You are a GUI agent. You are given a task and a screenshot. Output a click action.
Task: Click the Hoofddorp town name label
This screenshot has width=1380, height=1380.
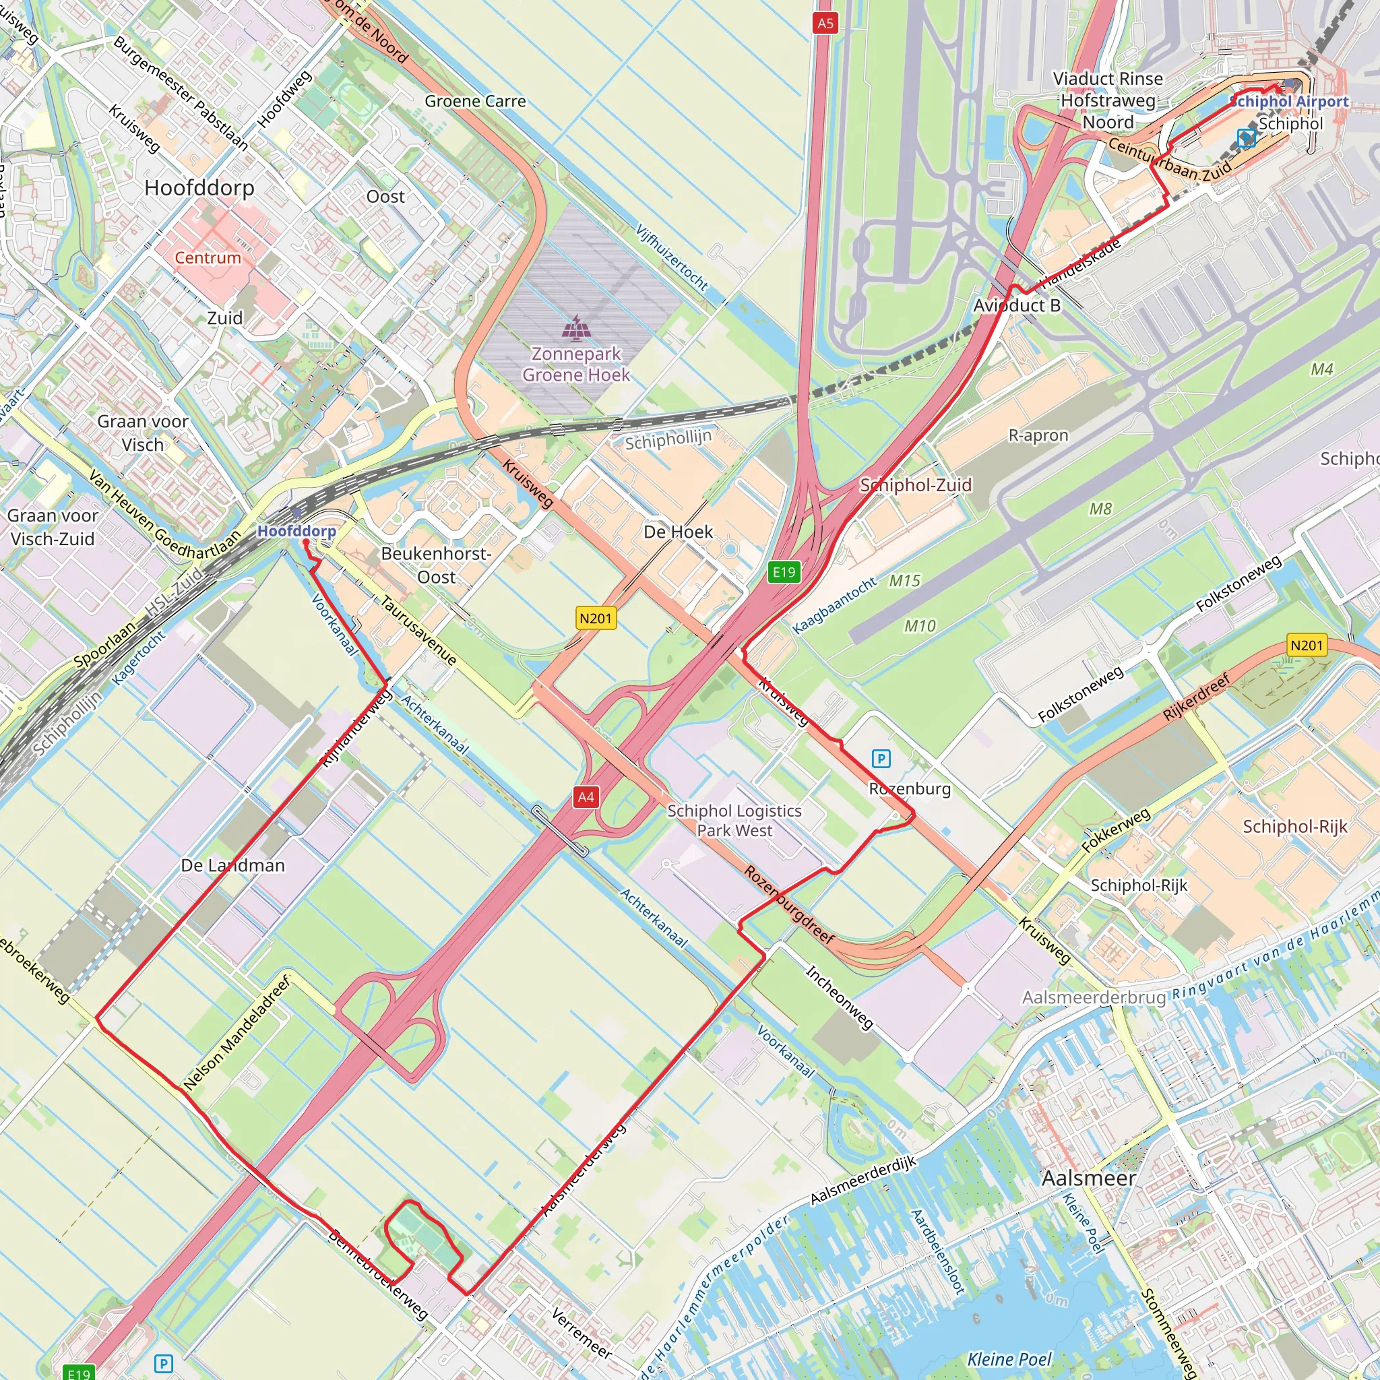199,188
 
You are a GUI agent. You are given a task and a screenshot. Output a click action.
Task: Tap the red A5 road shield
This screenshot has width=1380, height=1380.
825,23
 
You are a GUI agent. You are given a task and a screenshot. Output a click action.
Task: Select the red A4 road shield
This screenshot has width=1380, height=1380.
586,797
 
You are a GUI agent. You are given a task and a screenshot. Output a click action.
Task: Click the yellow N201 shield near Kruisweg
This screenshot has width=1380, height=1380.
596,618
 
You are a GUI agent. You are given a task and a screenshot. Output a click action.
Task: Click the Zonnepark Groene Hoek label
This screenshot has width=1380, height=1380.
575,365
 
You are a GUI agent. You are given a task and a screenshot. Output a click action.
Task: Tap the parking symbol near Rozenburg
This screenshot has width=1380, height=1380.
881,759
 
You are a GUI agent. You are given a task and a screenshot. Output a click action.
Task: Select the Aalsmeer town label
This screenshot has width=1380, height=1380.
1089,1178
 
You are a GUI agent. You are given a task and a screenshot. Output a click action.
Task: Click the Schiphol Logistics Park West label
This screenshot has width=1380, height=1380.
734,821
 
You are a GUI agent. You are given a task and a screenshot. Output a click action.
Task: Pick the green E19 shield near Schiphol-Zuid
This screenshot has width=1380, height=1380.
784,571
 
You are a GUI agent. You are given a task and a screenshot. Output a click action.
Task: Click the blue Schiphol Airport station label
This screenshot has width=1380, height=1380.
1290,102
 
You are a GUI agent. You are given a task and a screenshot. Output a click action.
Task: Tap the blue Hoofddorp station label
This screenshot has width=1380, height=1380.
296,531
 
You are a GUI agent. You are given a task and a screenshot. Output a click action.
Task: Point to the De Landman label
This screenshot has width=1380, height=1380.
233,866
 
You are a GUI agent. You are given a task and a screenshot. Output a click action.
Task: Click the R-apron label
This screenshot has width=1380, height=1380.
1038,435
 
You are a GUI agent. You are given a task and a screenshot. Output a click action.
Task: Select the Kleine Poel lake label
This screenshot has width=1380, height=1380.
1009,1358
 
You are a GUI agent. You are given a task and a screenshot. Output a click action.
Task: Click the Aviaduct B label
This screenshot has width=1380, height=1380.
1016,306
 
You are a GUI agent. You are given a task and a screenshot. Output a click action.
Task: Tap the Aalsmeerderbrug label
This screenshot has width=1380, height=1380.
1094,997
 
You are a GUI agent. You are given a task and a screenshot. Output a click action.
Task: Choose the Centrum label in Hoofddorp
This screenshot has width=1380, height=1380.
208,258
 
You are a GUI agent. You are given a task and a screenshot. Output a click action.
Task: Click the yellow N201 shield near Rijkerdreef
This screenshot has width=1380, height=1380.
1307,646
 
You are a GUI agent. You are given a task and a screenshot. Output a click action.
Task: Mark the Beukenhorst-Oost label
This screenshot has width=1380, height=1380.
437,565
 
